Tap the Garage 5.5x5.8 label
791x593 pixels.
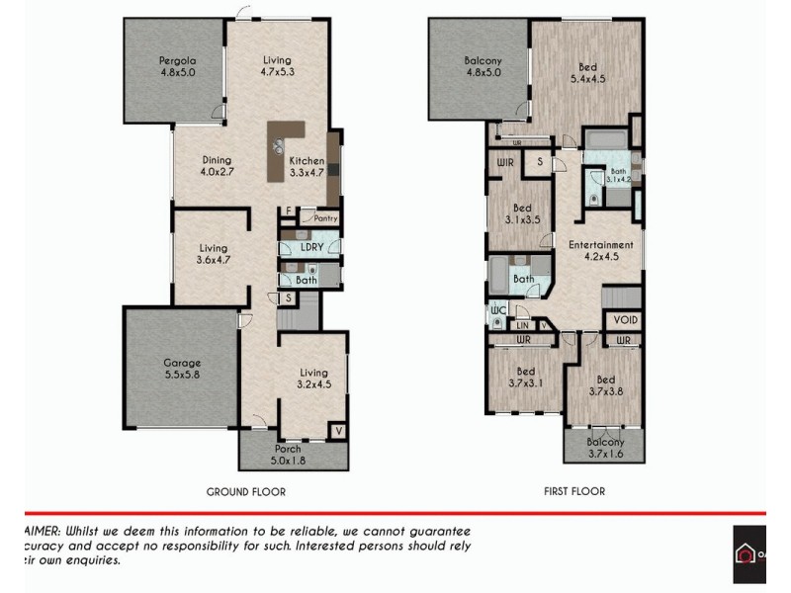(x=181, y=370)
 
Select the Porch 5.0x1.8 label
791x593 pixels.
(x=288, y=454)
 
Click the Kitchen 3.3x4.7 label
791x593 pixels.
(x=307, y=166)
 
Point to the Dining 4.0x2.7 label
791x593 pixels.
(x=217, y=166)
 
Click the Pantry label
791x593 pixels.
(x=325, y=219)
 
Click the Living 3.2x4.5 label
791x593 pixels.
(x=313, y=379)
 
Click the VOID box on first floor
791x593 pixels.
(x=625, y=320)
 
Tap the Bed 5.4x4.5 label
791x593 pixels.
(x=586, y=75)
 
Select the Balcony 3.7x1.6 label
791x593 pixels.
(x=605, y=448)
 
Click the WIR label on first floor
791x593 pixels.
(x=505, y=162)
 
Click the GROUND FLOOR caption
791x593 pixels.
(x=246, y=491)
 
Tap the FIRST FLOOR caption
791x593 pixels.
(x=573, y=491)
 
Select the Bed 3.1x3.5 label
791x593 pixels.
(x=522, y=214)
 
